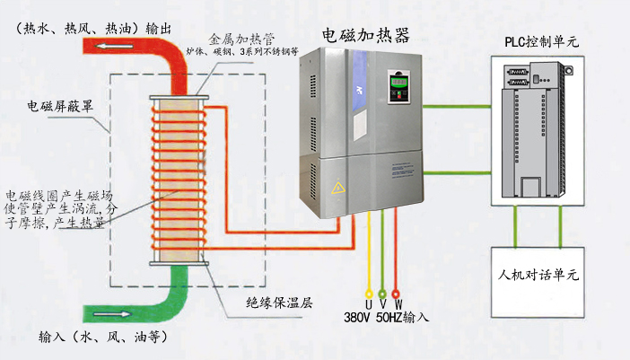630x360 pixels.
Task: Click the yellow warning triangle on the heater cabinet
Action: (338, 189)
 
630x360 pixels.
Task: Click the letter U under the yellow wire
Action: (367, 304)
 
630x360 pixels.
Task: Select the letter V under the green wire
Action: (382, 304)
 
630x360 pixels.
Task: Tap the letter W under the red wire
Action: (398, 304)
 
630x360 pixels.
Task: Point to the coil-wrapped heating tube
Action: (179, 180)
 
